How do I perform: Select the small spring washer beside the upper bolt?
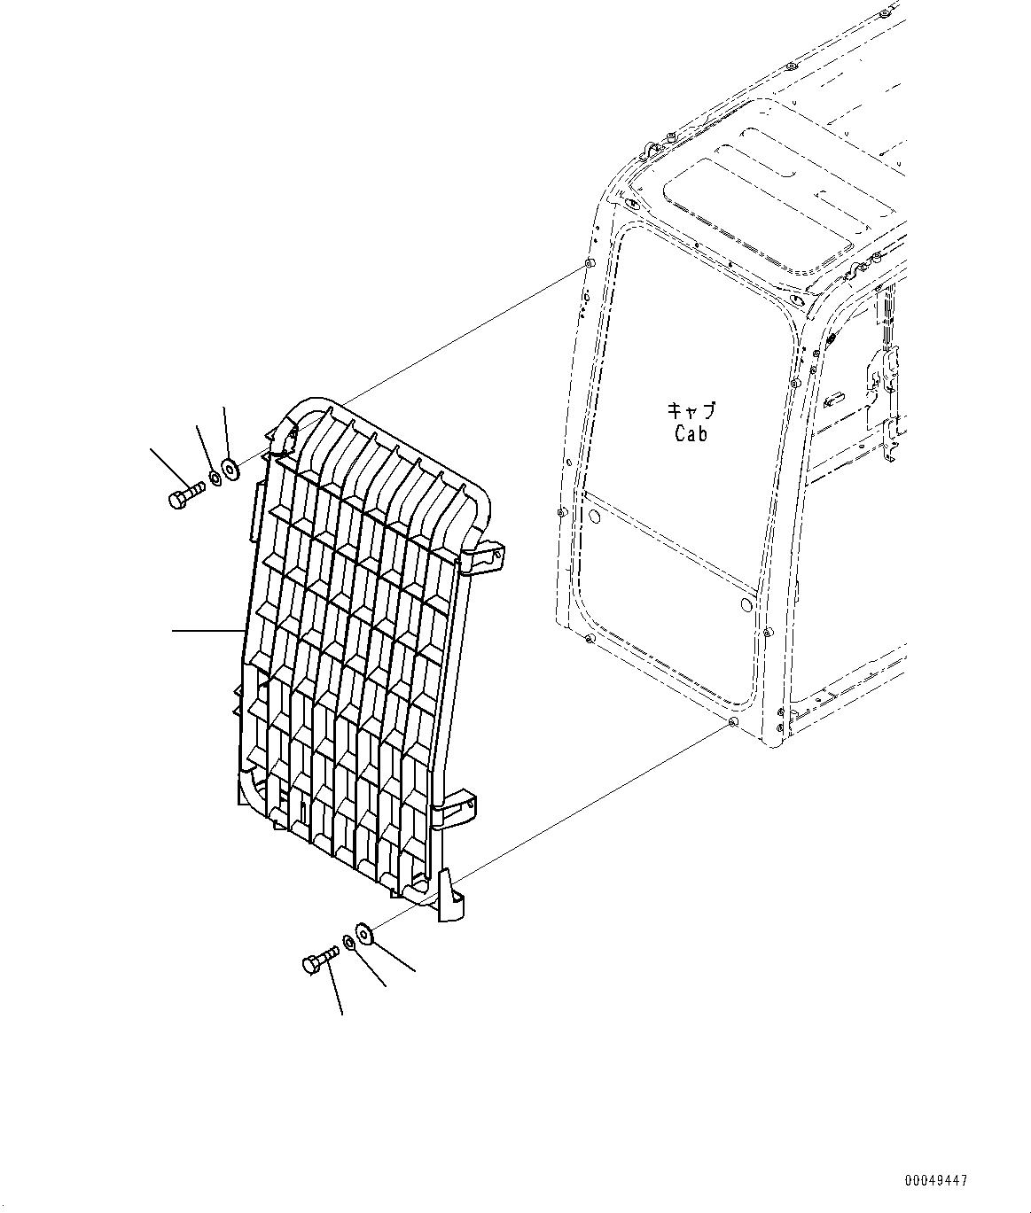coord(215,481)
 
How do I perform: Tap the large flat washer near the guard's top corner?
coord(230,469)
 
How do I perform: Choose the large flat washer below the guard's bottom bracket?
coord(365,932)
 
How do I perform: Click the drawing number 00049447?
coord(936,1181)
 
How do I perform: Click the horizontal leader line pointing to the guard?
coord(207,630)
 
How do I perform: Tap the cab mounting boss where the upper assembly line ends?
coord(589,266)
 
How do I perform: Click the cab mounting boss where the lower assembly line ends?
coord(730,723)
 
